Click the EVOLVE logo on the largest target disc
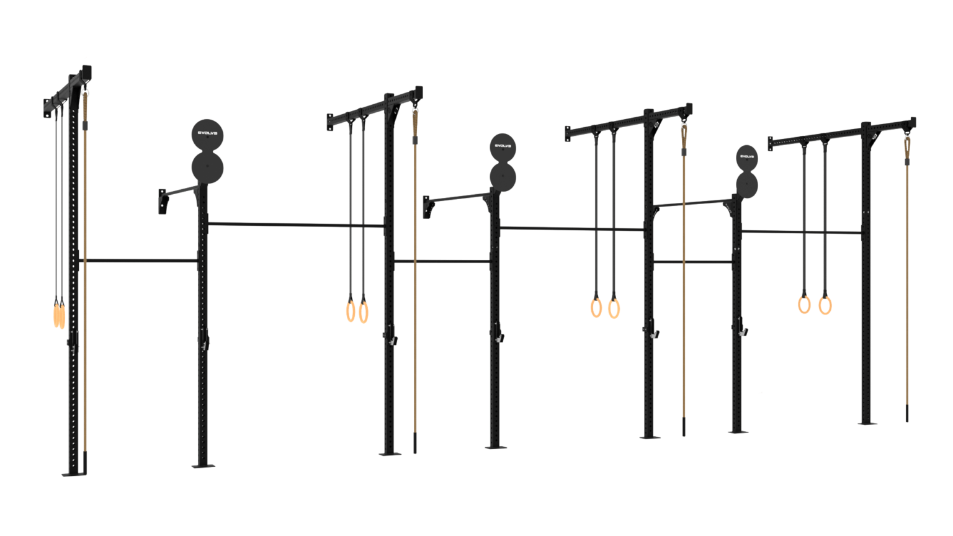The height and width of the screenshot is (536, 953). coord(207,132)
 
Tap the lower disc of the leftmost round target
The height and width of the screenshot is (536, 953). coord(207,167)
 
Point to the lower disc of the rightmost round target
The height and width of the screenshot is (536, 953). coord(746,184)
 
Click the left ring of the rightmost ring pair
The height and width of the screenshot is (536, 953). coord(804,304)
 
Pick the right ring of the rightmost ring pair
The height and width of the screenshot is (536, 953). coord(825,305)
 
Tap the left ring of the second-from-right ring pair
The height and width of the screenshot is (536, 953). coord(596,307)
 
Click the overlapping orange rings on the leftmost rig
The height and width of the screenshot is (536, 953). coord(59,314)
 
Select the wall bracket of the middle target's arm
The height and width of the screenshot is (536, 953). coord(427,207)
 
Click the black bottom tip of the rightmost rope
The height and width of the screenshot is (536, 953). coord(906,413)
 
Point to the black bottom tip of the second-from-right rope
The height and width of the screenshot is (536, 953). coord(683,427)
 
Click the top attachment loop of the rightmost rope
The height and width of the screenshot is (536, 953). coord(907,145)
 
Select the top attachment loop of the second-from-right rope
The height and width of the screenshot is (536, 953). coord(684,133)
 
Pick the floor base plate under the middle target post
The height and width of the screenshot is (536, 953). coord(494,445)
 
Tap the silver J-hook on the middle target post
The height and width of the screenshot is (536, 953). coord(500,338)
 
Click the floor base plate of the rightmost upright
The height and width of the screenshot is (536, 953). coord(866,422)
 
